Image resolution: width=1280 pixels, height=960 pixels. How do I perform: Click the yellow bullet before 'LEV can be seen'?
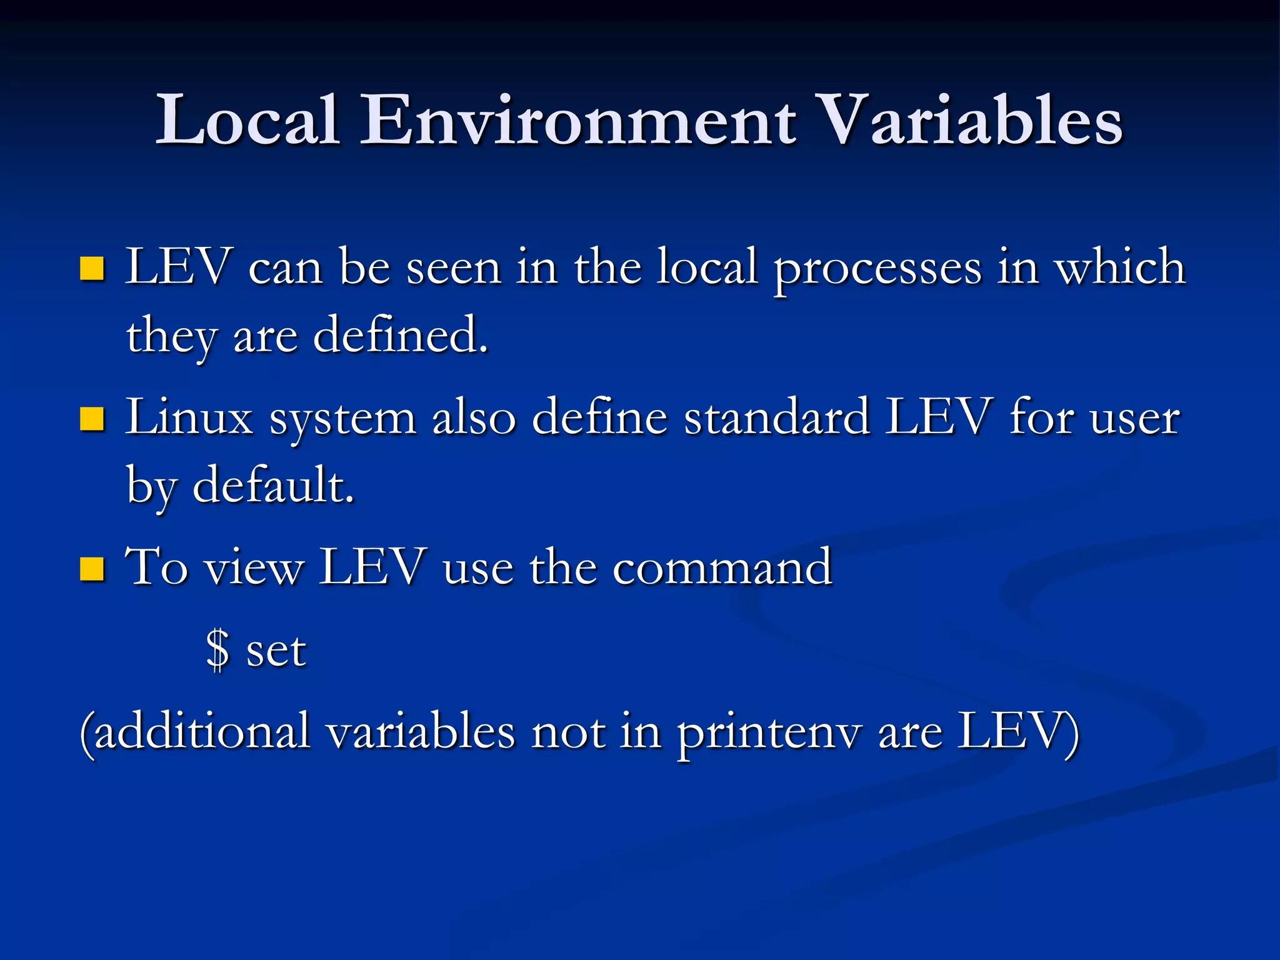pos(92,269)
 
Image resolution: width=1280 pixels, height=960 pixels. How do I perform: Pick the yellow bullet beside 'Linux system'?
pos(92,419)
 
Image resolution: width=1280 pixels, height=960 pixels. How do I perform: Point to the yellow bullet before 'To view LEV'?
pos(92,569)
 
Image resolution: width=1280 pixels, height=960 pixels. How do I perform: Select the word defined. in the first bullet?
pos(400,335)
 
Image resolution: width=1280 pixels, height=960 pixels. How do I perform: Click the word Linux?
pos(189,417)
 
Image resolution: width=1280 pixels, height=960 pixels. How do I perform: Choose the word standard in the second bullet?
pos(777,417)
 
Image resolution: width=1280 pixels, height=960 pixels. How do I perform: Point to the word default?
pos(274,485)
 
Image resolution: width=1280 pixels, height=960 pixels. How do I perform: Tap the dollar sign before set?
pos(218,650)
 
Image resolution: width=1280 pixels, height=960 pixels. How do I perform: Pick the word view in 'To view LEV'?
pos(254,567)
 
